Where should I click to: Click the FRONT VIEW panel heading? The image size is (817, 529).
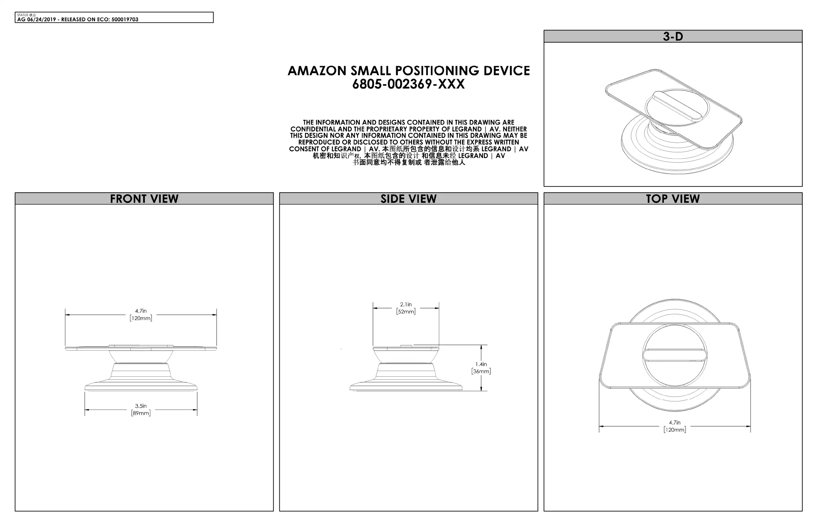144,199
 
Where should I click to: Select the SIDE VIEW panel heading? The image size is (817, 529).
408,199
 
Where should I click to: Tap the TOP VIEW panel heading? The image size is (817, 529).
673,199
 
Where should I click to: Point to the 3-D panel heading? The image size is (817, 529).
673,36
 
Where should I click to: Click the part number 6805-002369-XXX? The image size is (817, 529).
408,84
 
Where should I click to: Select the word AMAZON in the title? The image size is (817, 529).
317,71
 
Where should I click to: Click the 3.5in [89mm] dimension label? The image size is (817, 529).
141,409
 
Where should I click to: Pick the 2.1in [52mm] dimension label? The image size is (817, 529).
406,308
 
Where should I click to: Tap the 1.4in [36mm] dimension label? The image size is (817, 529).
481,368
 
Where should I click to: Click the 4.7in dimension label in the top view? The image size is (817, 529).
674,426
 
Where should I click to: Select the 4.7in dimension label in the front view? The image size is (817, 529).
141,315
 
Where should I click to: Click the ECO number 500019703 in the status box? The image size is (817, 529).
125,20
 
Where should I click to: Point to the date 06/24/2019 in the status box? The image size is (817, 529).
41,20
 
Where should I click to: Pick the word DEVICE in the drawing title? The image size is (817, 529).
507,71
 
